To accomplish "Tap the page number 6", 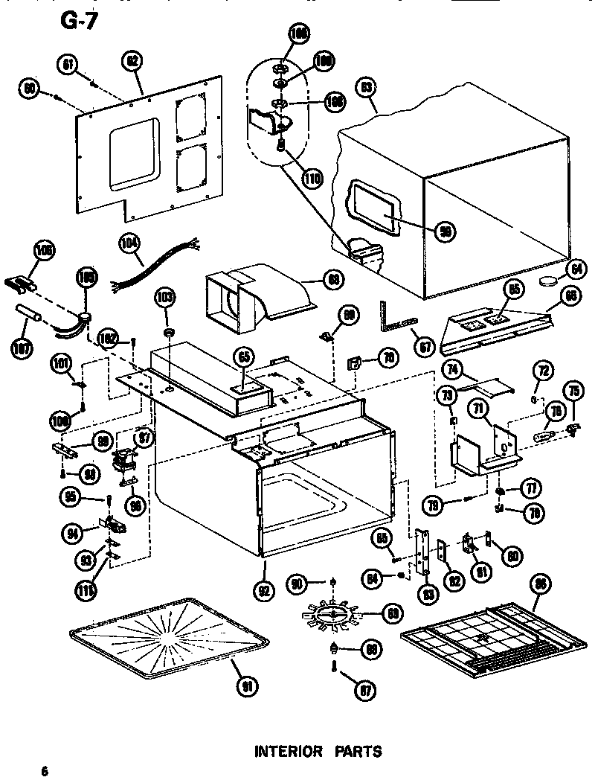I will pyautogui.click(x=45, y=770).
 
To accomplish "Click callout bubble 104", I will pyautogui.click(x=129, y=242).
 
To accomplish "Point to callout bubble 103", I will pyautogui.click(x=164, y=298).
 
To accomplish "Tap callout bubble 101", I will pyautogui.click(x=61, y=364).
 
